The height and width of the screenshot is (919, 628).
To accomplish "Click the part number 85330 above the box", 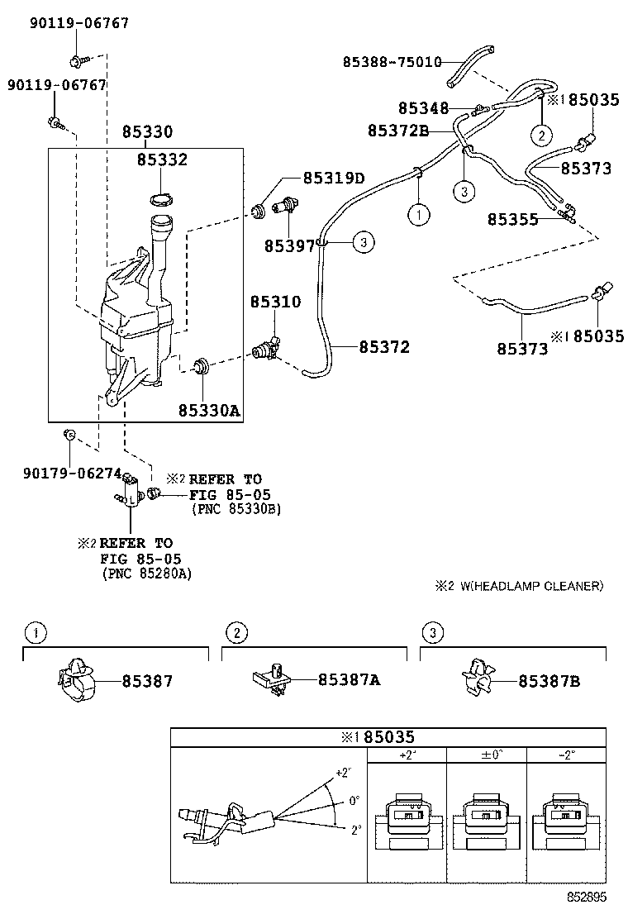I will click(148, 132).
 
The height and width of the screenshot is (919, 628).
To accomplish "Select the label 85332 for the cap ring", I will click(162, 160).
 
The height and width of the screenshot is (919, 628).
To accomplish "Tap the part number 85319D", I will click(334, 178).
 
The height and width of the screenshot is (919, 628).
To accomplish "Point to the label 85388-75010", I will click(392, 61).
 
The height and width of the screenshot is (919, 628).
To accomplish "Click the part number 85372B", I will click(398, 130).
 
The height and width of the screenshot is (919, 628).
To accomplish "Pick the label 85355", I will click(512, 220).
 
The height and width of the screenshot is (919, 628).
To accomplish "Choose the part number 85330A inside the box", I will click(209, 410).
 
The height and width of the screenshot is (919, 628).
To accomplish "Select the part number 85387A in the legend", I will click(350, 680).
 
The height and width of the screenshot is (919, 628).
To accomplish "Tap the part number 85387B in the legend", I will click(549, 681).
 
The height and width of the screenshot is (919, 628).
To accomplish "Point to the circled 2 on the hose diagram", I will click(540, 135).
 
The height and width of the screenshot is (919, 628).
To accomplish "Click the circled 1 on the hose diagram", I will click(419, 215).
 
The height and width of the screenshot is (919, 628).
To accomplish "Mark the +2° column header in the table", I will click(406, 755).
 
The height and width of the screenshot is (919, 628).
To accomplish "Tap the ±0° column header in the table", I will click(486, 755).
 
